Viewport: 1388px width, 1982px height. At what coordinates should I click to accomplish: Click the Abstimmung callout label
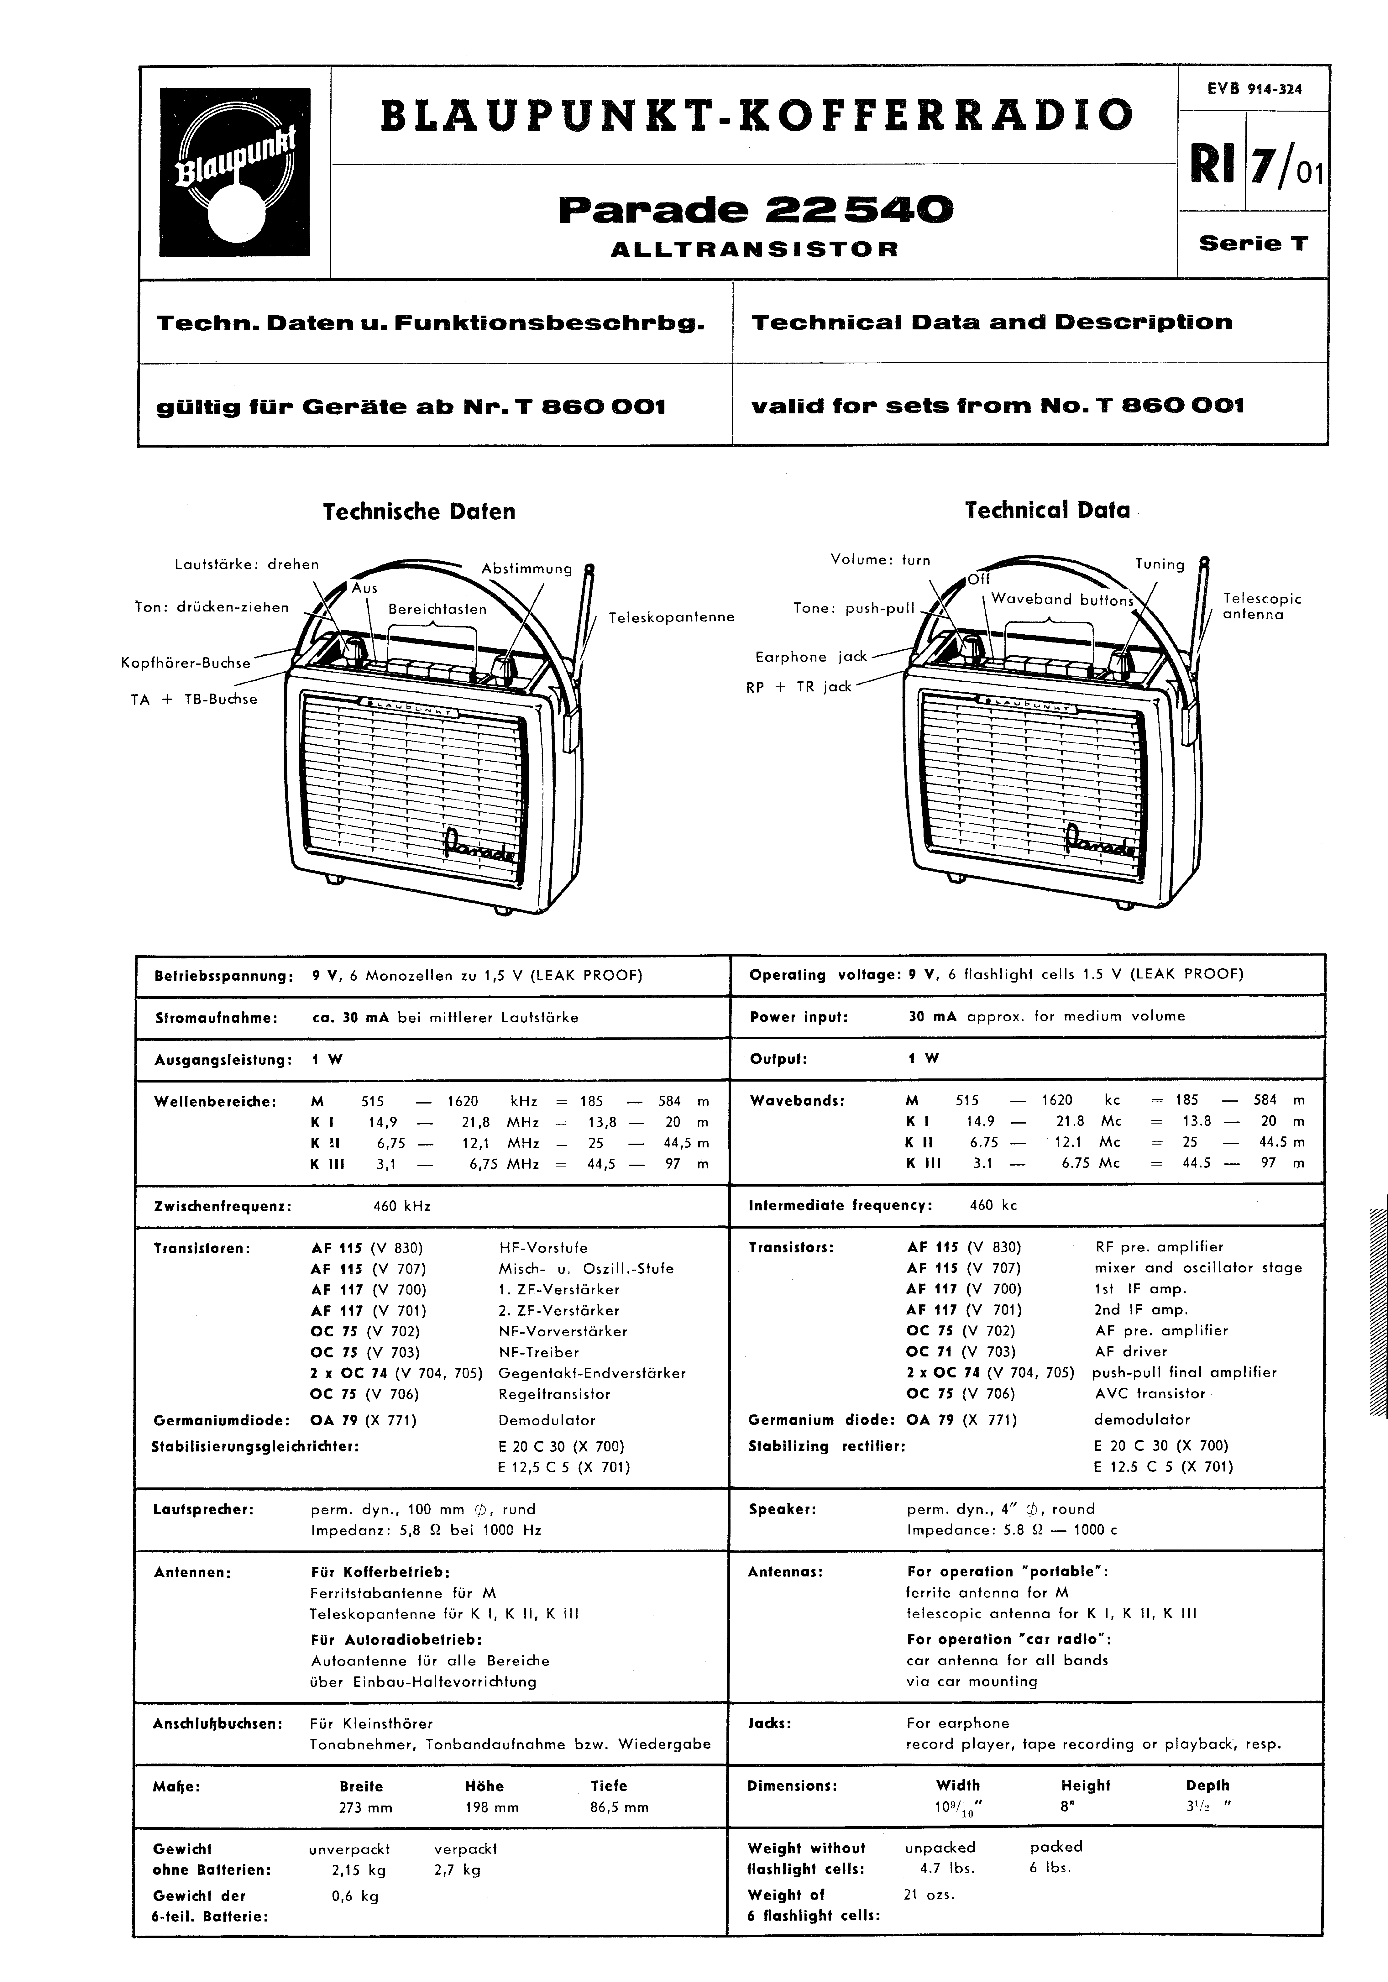coord(526,569)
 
